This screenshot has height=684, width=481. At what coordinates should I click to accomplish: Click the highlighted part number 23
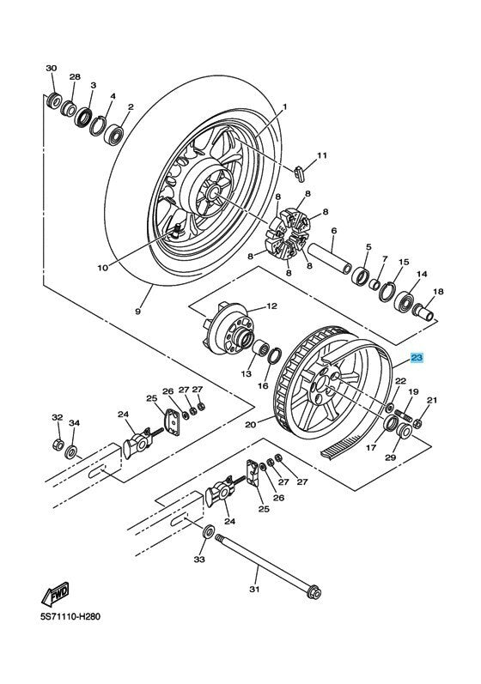click(x=417, y=358)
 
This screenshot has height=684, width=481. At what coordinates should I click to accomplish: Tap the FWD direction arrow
click(x=56, y=594)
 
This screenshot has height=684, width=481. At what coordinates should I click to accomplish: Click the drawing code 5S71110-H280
click(x=70, y=617)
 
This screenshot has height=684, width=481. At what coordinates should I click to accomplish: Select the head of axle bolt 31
click(x=314, y=593)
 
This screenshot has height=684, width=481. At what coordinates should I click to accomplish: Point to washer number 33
click(x=209, y=531)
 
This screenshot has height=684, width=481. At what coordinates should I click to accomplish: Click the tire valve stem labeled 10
click(x=176, y=230)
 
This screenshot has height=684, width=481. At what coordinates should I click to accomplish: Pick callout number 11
click(x=322, y=155)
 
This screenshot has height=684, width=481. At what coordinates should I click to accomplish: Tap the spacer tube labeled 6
click(x=331, y=258)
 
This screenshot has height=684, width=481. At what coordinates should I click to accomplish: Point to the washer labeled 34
click(x=71, y=452)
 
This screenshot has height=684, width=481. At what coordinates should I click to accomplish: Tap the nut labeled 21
click(x=417, y=423)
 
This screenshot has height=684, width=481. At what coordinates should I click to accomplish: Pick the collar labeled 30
click(x=54, y=100)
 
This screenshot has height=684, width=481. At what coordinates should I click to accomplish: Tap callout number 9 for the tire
click(x=138, y=312)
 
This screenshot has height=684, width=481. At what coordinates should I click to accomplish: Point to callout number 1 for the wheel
click(x=284, y=107)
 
